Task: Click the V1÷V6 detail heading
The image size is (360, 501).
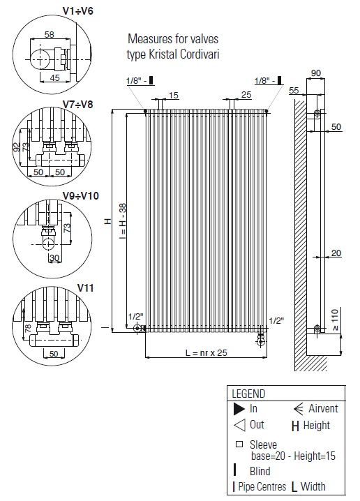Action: point(77,11)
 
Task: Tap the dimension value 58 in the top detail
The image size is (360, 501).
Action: point(50,34)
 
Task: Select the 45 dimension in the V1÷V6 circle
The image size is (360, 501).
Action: point(54,77)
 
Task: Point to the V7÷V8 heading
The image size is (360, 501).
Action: point(77,104)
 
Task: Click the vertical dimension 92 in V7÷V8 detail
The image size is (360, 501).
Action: point(17,147)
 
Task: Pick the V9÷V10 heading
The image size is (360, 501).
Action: point(80,195)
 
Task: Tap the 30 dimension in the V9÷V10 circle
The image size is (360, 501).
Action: point(54,257)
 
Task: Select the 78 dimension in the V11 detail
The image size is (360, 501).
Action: point(28,328)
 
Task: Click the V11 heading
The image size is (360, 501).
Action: point(85,288)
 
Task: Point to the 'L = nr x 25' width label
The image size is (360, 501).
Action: point(207,353)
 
